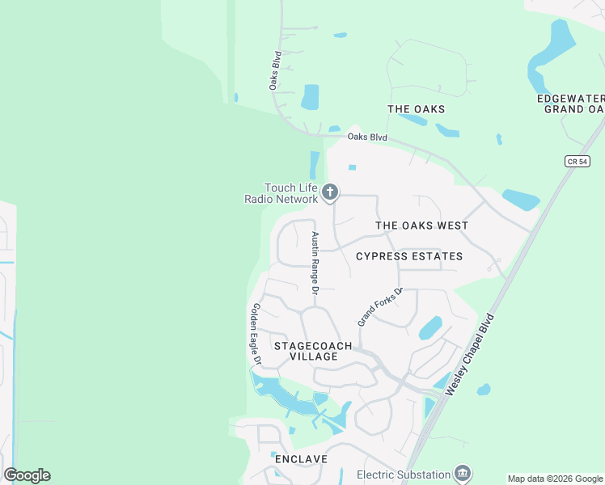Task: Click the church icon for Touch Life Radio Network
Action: (x=329, y=192)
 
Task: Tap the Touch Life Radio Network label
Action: (x=281, y=193)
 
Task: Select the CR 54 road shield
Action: (x=576, y=162)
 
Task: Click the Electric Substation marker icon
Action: (x=463, y=473)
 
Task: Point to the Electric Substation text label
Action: (x=404, y=474)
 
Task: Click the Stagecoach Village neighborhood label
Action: (x=313, y=351)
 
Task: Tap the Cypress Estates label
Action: (x=409, y=256)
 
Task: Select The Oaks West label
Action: (x=421, y=226)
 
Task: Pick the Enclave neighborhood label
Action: (x=301, y=459)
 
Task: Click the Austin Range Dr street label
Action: (x=315, y=263)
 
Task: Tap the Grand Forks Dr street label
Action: (x=380, y=306)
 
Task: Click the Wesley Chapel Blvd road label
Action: (x=469, y=354)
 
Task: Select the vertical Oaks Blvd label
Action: (x=275, y=70)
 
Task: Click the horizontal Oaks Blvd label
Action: (x=367, y=137)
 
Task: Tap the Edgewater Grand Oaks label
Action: (x=572, y=103)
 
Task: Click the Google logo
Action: (x=27, y=475)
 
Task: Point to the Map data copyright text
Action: (x=555, y=479)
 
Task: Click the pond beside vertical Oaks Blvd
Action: (x=310, y=97)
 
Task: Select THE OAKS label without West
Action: (x=417, y=109)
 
